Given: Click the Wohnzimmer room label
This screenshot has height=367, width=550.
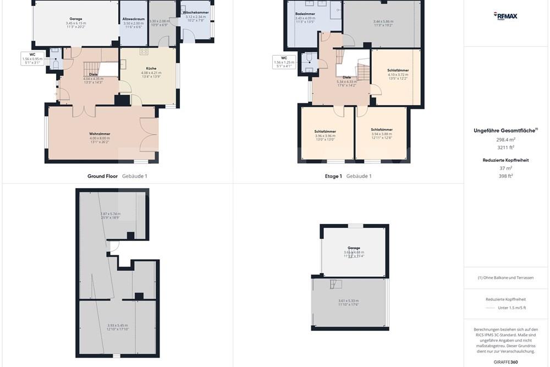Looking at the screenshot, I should (x=100, y=134).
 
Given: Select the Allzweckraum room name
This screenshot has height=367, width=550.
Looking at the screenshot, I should (x=133, y=19).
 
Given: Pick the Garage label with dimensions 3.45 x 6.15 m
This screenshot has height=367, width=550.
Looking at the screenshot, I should (x=76, y=19).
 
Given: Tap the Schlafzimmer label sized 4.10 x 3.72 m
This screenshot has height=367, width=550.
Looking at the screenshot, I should (x=398, y=71).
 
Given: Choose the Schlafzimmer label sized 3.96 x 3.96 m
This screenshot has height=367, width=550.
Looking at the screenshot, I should (x=325, y=130).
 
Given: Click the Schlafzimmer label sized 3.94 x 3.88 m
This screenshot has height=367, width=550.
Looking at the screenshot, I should (x=382, y=130).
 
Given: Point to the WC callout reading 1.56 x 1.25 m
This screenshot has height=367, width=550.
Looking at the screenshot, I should (x=284, y=57).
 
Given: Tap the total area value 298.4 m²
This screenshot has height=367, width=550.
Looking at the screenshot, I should (x=505, y=140).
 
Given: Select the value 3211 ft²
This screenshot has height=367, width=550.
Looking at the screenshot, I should (x=505, y=147).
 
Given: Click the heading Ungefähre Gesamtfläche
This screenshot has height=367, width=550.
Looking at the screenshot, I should (x=504, y=130).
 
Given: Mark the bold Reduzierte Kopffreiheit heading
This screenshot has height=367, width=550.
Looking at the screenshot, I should (x=505, y=160).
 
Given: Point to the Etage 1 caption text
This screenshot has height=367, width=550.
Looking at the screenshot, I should (x=333, y=176).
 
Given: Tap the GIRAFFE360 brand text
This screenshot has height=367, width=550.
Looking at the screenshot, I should (x=505, y=362).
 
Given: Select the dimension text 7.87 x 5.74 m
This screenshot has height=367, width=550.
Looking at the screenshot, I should (x=111, y=213).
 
